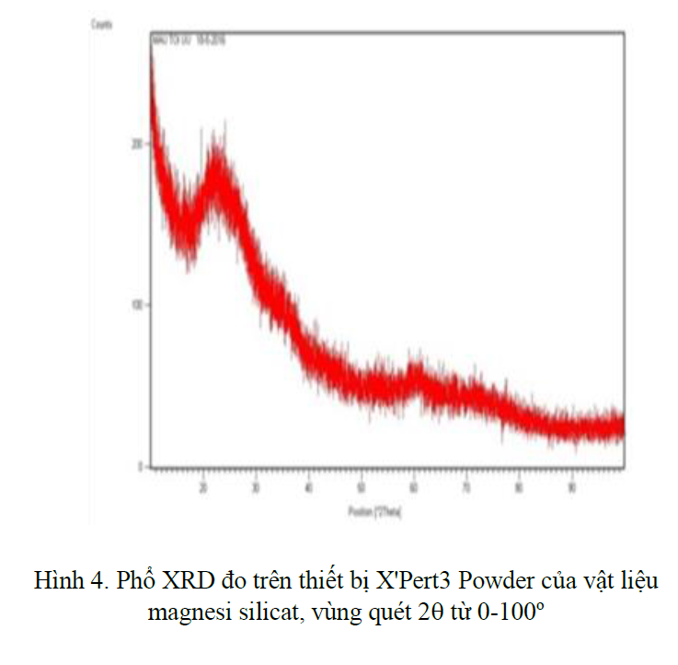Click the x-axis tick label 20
[203, 489]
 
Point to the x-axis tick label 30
[257, 489]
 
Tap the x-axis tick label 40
[309, 489]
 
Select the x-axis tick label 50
[362, 489]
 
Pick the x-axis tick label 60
[415, 489]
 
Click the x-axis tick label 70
[467, 489]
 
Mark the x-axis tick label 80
[520, 489]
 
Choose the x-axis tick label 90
[572, 489]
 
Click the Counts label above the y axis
[100, 26]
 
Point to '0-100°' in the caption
[505, 612]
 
